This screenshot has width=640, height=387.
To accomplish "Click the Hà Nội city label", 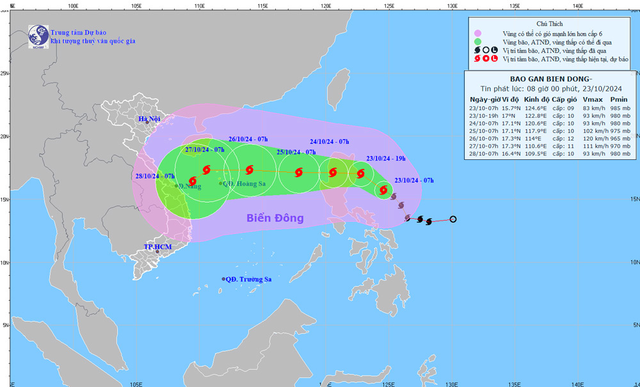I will pos(149,120).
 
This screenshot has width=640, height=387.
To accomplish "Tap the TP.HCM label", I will pos(156,246).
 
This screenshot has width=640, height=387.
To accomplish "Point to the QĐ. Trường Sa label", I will pos(248,279).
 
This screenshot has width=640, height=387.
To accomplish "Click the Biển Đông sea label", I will pos(275,218).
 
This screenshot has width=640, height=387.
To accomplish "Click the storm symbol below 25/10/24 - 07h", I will pos(298,172).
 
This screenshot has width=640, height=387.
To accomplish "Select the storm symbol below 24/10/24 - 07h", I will pos(333,172).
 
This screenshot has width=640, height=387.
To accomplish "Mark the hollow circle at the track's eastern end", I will pos(453,219).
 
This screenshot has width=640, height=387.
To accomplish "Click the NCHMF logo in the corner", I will pos(39,36).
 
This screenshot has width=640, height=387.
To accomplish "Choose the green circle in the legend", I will pos(477,42).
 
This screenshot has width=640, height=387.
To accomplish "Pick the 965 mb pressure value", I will pos(619,155).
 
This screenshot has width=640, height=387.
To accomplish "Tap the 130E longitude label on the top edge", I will pos(452,4).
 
